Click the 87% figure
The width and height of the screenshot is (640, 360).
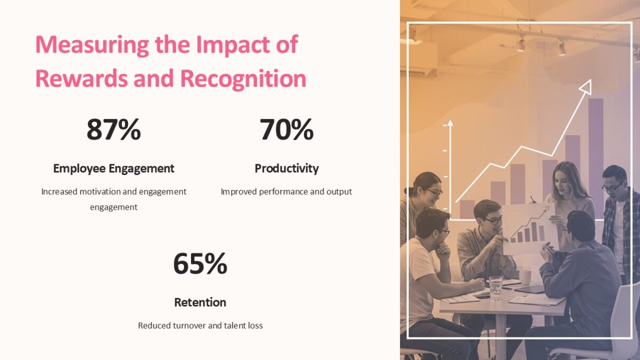coord(114,130)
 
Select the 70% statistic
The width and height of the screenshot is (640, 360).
coord(286,130)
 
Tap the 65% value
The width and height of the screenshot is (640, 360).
coord(200,263)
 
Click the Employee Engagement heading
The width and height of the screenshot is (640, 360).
coord(114,169)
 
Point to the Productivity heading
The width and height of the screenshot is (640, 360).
coord(286,169)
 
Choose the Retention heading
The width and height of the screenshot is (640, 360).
coord(200,302)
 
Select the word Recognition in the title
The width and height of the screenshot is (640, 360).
coord(243,78)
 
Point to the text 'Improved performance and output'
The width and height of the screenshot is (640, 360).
coord(286,191)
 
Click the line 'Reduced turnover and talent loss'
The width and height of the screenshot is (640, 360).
coord(200,325)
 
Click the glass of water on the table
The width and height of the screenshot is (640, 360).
coord(495,287)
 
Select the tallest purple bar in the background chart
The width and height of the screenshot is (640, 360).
coord(596,149)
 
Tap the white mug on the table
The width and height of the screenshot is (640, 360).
coord(525,276)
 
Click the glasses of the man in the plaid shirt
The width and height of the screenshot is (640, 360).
coord(612,187)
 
